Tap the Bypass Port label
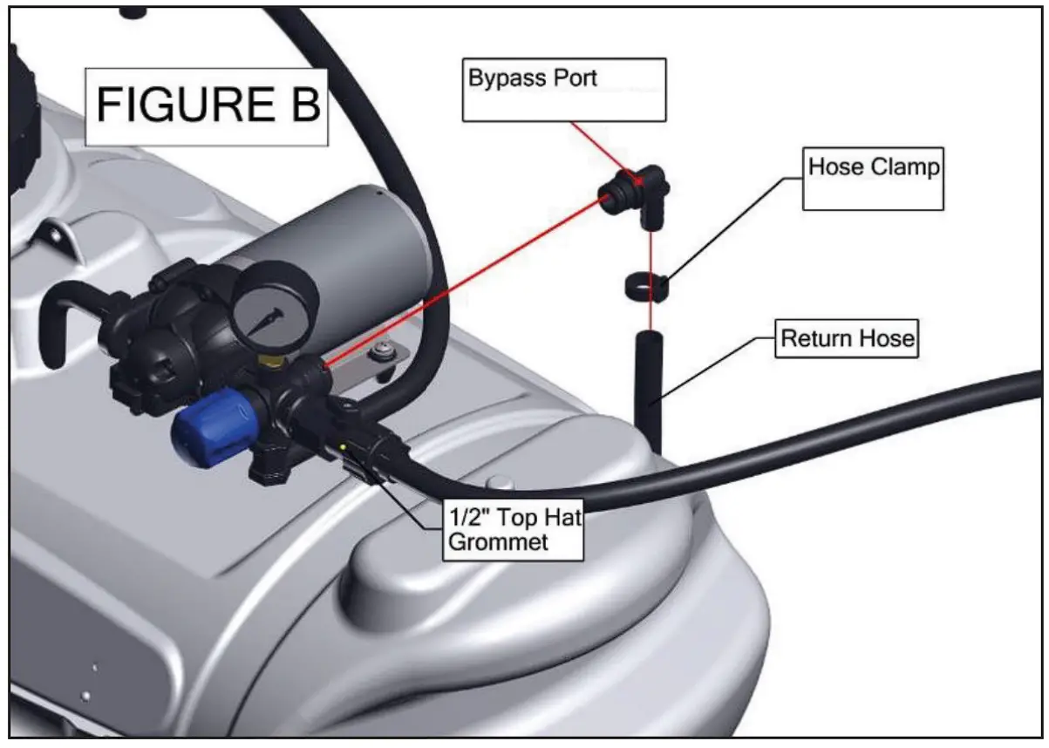[532, 78]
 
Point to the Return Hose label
[847, 338]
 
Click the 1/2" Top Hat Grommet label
[513, 530]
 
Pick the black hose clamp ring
[646, 287]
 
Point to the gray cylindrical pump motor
[349, 253]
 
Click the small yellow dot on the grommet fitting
[344, 447]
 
